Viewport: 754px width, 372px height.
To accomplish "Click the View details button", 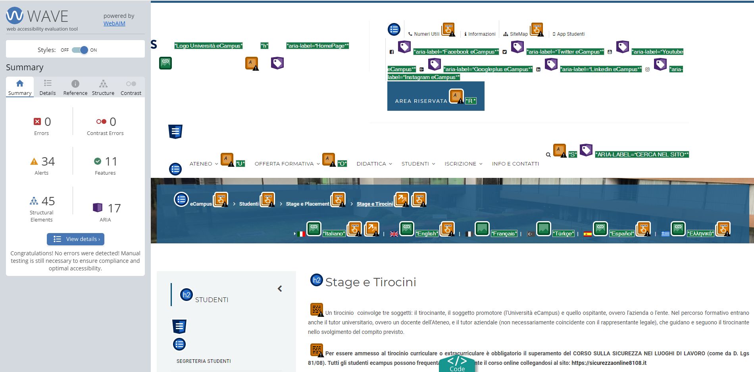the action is (x=75, y=239).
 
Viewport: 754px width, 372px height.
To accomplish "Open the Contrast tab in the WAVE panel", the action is (x=131, y=87).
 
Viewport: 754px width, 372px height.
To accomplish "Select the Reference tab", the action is (x=75, y=87).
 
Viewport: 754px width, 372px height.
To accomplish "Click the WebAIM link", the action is (x=114, y=23).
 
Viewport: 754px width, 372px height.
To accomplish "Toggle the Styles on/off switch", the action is (x=80, y=50).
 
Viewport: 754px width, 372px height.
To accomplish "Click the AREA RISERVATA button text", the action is (x=421, y=101).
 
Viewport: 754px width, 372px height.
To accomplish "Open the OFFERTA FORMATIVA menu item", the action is (x=284, y=164).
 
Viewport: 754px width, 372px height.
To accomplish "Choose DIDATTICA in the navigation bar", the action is (x=371, y=164).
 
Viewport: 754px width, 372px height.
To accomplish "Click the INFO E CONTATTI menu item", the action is (x=515, y=164).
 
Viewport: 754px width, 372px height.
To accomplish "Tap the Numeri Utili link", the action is (x=427, y=34).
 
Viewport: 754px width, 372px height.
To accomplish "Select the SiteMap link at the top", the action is (x=519, y=34).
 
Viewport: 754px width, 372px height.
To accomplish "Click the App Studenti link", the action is (x=571, y=34).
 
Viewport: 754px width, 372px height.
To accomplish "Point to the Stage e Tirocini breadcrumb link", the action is (x=375, y=204).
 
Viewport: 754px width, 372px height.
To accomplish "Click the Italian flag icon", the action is (x=301, y=234).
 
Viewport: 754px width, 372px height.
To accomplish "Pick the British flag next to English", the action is (x=394, y=234).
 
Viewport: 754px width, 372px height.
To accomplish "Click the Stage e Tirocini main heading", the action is (x=371, y=282).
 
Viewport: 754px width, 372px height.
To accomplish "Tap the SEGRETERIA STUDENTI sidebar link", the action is (x=204, y=361).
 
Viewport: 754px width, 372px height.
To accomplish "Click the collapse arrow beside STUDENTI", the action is (x=280, y=289).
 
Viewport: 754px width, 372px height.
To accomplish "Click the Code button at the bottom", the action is (x=457, y=364).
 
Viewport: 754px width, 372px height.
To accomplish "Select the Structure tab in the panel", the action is (x=103, y=87).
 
